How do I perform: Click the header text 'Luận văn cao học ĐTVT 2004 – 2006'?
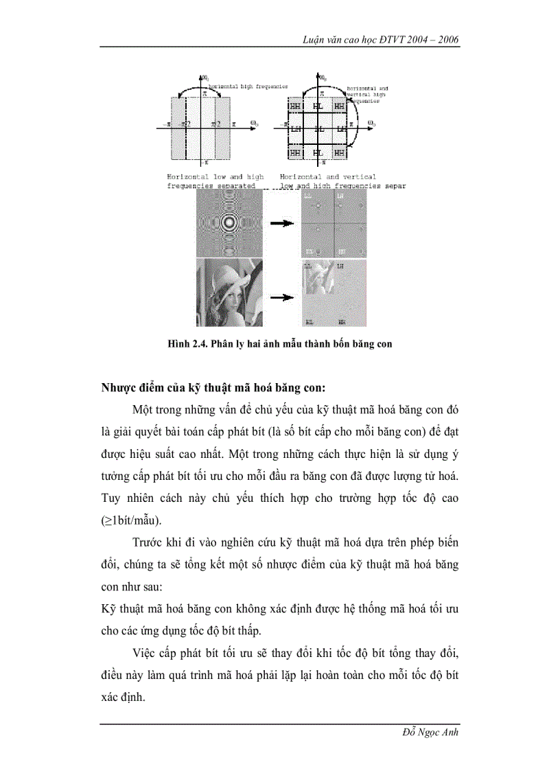pos(381,40)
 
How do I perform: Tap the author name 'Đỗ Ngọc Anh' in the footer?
pos(430,733)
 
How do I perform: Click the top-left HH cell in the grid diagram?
pos(295,106)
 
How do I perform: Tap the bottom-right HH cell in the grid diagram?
pos(340,152)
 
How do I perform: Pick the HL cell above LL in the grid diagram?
pos(318,106)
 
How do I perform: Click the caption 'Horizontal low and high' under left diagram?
pos(215,176)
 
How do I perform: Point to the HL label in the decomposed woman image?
pos(310,321)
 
